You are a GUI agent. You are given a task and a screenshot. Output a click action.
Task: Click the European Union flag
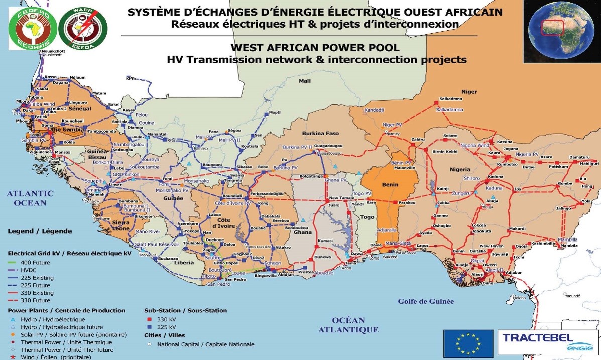pos(465,343)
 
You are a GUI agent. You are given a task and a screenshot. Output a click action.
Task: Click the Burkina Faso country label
pos(320,133)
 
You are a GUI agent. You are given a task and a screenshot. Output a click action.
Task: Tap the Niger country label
pos(469,92)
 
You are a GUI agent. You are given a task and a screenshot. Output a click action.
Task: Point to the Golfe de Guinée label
pos(426,301)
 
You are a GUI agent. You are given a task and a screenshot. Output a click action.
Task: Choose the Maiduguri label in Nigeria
pos(589,164)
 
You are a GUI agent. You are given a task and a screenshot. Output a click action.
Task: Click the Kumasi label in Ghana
pos(325,241)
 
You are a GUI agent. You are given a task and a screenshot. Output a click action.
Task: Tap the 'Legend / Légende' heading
pos(39,231)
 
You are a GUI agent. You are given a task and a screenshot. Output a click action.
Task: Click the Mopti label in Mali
pos(275,113)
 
